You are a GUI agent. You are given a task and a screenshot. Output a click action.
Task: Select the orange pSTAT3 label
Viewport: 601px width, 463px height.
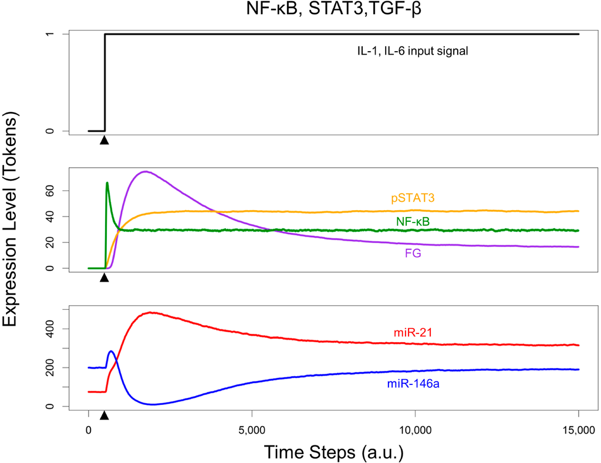(413, 198)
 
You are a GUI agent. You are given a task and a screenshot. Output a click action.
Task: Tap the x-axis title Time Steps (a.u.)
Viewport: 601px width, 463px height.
(333, 452)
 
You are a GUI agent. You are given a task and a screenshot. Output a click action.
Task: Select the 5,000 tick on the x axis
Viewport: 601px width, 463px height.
(251, 430)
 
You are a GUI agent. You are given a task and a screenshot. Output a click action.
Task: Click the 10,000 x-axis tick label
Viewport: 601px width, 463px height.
(415, 430)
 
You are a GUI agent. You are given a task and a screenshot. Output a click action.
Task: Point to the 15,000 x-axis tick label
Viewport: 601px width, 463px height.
(578, 430)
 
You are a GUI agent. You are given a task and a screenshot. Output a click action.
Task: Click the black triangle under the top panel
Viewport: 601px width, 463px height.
(104, 140)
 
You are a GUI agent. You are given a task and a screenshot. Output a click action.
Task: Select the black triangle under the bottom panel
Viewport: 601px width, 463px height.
(104, 415)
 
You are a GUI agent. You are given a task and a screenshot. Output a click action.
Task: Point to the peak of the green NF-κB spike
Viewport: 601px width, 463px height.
(107, 183)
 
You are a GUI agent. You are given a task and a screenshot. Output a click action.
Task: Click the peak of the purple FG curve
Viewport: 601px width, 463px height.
(144, 171)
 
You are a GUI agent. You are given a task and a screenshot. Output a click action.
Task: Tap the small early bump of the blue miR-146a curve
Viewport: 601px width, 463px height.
(112, 352)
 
